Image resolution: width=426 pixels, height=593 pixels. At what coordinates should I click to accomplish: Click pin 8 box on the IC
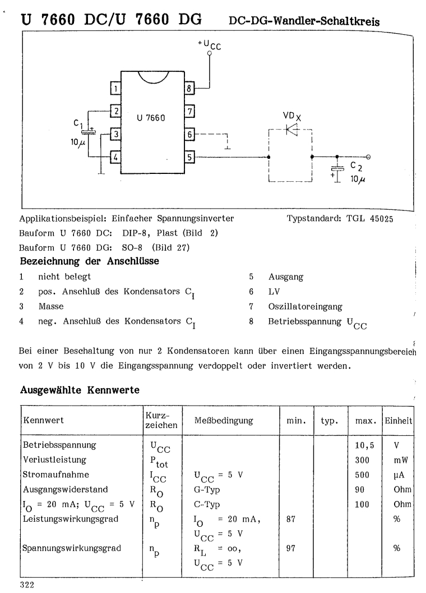coord(189,89)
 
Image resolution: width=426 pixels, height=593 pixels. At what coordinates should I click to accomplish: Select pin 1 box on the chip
coord(115,89)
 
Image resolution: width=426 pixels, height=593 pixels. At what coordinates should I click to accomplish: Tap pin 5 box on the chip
coord(189,157)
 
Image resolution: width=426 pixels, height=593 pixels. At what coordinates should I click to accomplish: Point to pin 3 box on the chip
coord(115,135)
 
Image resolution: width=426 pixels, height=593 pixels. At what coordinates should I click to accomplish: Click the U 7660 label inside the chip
coord(151,119)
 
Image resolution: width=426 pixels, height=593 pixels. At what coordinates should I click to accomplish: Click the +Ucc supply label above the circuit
coord(210,44)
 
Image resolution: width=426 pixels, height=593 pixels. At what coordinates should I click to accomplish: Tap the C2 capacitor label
coord(356,167)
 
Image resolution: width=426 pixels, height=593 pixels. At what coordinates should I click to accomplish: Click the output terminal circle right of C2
coord(368,157)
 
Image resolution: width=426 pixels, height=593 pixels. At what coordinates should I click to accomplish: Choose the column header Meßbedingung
coord(224,420)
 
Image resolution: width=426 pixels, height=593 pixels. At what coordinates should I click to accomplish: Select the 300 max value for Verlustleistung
coord(361,459)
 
